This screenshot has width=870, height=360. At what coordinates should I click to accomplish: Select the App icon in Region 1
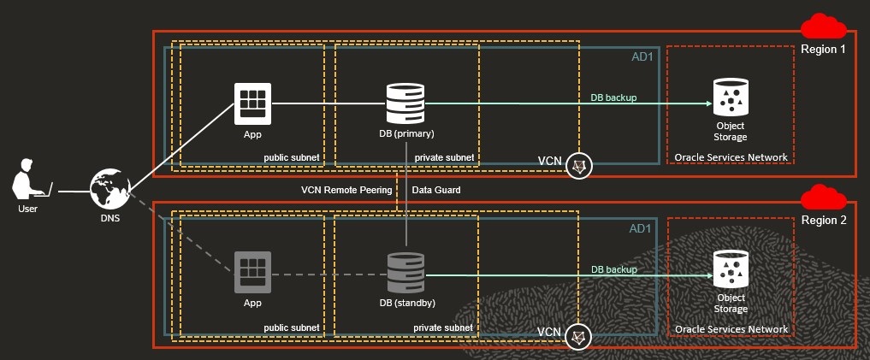(x=252, y=103)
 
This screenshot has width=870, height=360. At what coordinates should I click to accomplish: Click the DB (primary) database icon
(x=405, y=103)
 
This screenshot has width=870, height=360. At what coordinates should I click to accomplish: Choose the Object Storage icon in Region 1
(x=730, y=97)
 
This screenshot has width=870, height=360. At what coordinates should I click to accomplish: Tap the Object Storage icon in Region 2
(x=730, y=269)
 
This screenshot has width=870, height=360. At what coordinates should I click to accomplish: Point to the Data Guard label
(x=436, y=190)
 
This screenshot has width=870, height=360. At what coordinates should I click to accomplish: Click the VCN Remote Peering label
(x=346, y=190)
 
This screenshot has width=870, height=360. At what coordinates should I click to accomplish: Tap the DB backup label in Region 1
(x=613, y=97)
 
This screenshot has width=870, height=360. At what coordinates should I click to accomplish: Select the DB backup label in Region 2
(x=613, y=269)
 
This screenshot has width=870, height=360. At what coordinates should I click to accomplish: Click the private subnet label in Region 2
(x=443, y=328)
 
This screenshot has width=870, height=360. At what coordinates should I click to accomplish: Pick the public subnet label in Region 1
(x=291, y=158)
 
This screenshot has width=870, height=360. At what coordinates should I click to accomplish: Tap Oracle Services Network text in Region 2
(x=731, y=329)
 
